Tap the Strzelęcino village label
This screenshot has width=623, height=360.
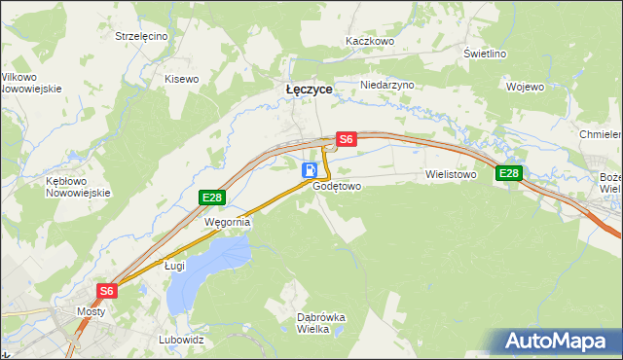[141, 36]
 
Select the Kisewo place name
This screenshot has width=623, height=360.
[181, 79]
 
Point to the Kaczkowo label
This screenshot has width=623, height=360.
[370, 42]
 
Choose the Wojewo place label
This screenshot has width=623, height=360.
[525, 86]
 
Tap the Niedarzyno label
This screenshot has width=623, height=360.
[387, 85]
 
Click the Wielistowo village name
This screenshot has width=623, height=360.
[450, 175]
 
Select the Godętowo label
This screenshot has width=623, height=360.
[338, 185]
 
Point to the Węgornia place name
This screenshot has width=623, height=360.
[227, 222]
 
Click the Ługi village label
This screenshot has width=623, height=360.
[174, 265]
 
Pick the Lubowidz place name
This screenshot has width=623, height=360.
[181, 341]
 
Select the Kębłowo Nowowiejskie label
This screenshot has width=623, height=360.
[73, 187]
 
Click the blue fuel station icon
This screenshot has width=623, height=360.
[309, 170]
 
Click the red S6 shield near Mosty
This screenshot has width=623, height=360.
[107, 290]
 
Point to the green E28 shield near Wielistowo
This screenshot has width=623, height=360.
[508, 173]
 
